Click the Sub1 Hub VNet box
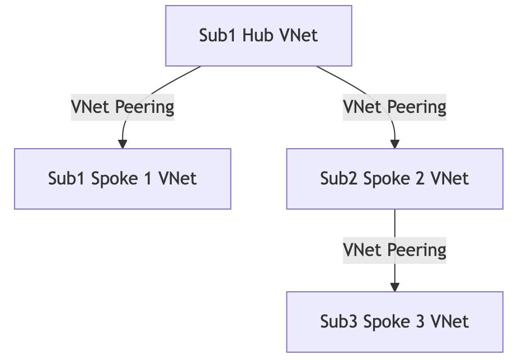pos(258,36)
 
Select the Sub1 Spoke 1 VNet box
pos(122,179)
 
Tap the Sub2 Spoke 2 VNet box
pos(394,179)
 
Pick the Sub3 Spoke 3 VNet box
pos(394,322)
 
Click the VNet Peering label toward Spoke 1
pos(122,107)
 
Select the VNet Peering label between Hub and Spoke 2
pos(394,107)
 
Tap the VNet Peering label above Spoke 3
pos(394,250)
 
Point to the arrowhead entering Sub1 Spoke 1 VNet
pos(122,144)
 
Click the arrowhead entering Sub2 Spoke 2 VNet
pos(394,144)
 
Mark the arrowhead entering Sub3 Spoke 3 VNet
pos(394,287)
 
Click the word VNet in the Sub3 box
pos(450,322)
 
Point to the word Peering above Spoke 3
pos(417,250)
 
